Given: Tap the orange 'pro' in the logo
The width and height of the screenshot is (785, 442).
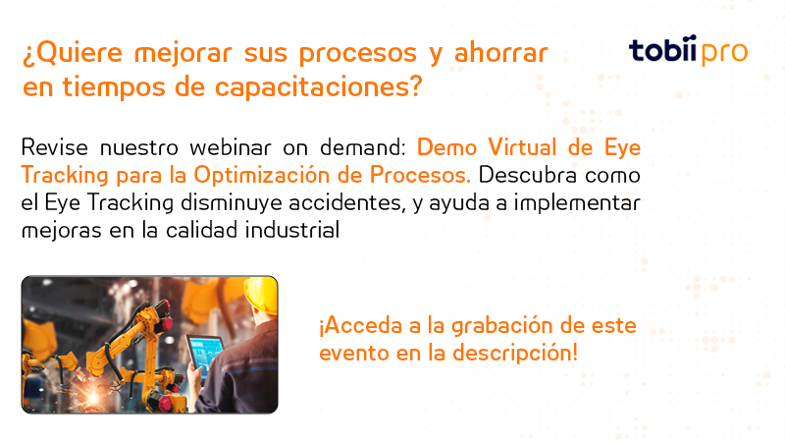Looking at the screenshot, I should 722,51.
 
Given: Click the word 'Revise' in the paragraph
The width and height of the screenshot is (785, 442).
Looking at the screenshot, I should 54,148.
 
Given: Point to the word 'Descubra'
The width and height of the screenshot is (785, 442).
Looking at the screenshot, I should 521,176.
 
